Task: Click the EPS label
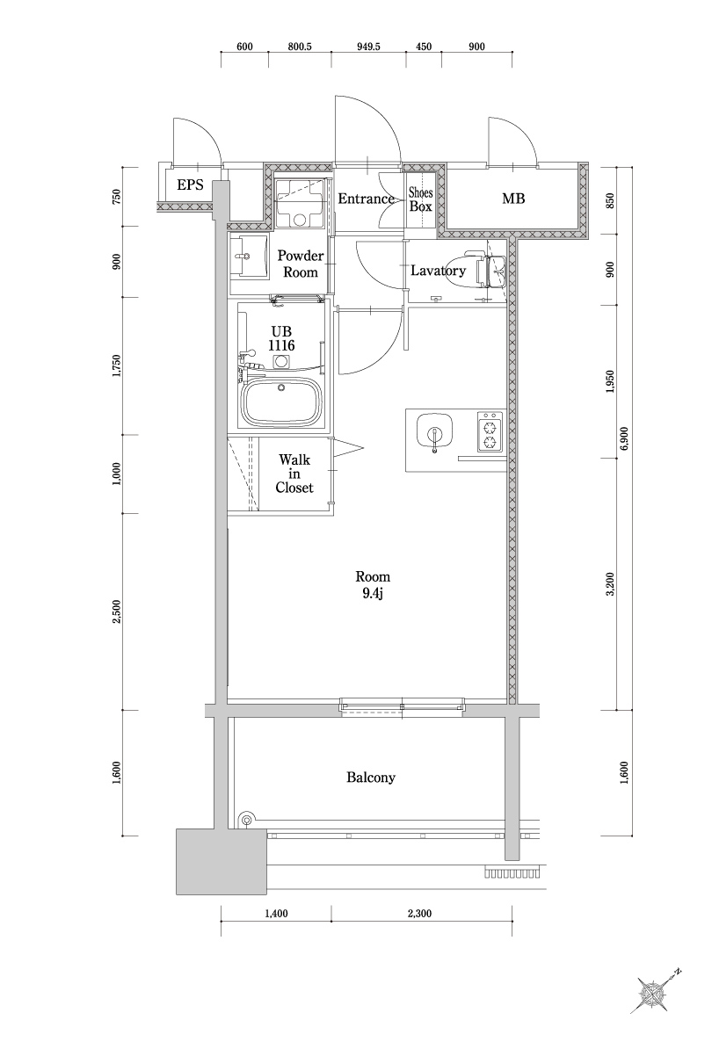tap(190, 185)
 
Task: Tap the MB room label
tap(513, 199)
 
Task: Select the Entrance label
tap(366, 199)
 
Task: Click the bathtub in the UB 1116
tap(281, 402)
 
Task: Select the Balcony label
tap(371, 778)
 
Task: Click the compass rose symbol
tap(653, 993)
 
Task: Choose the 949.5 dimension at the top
tap(368, 47)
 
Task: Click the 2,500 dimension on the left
tap(116, 611)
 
